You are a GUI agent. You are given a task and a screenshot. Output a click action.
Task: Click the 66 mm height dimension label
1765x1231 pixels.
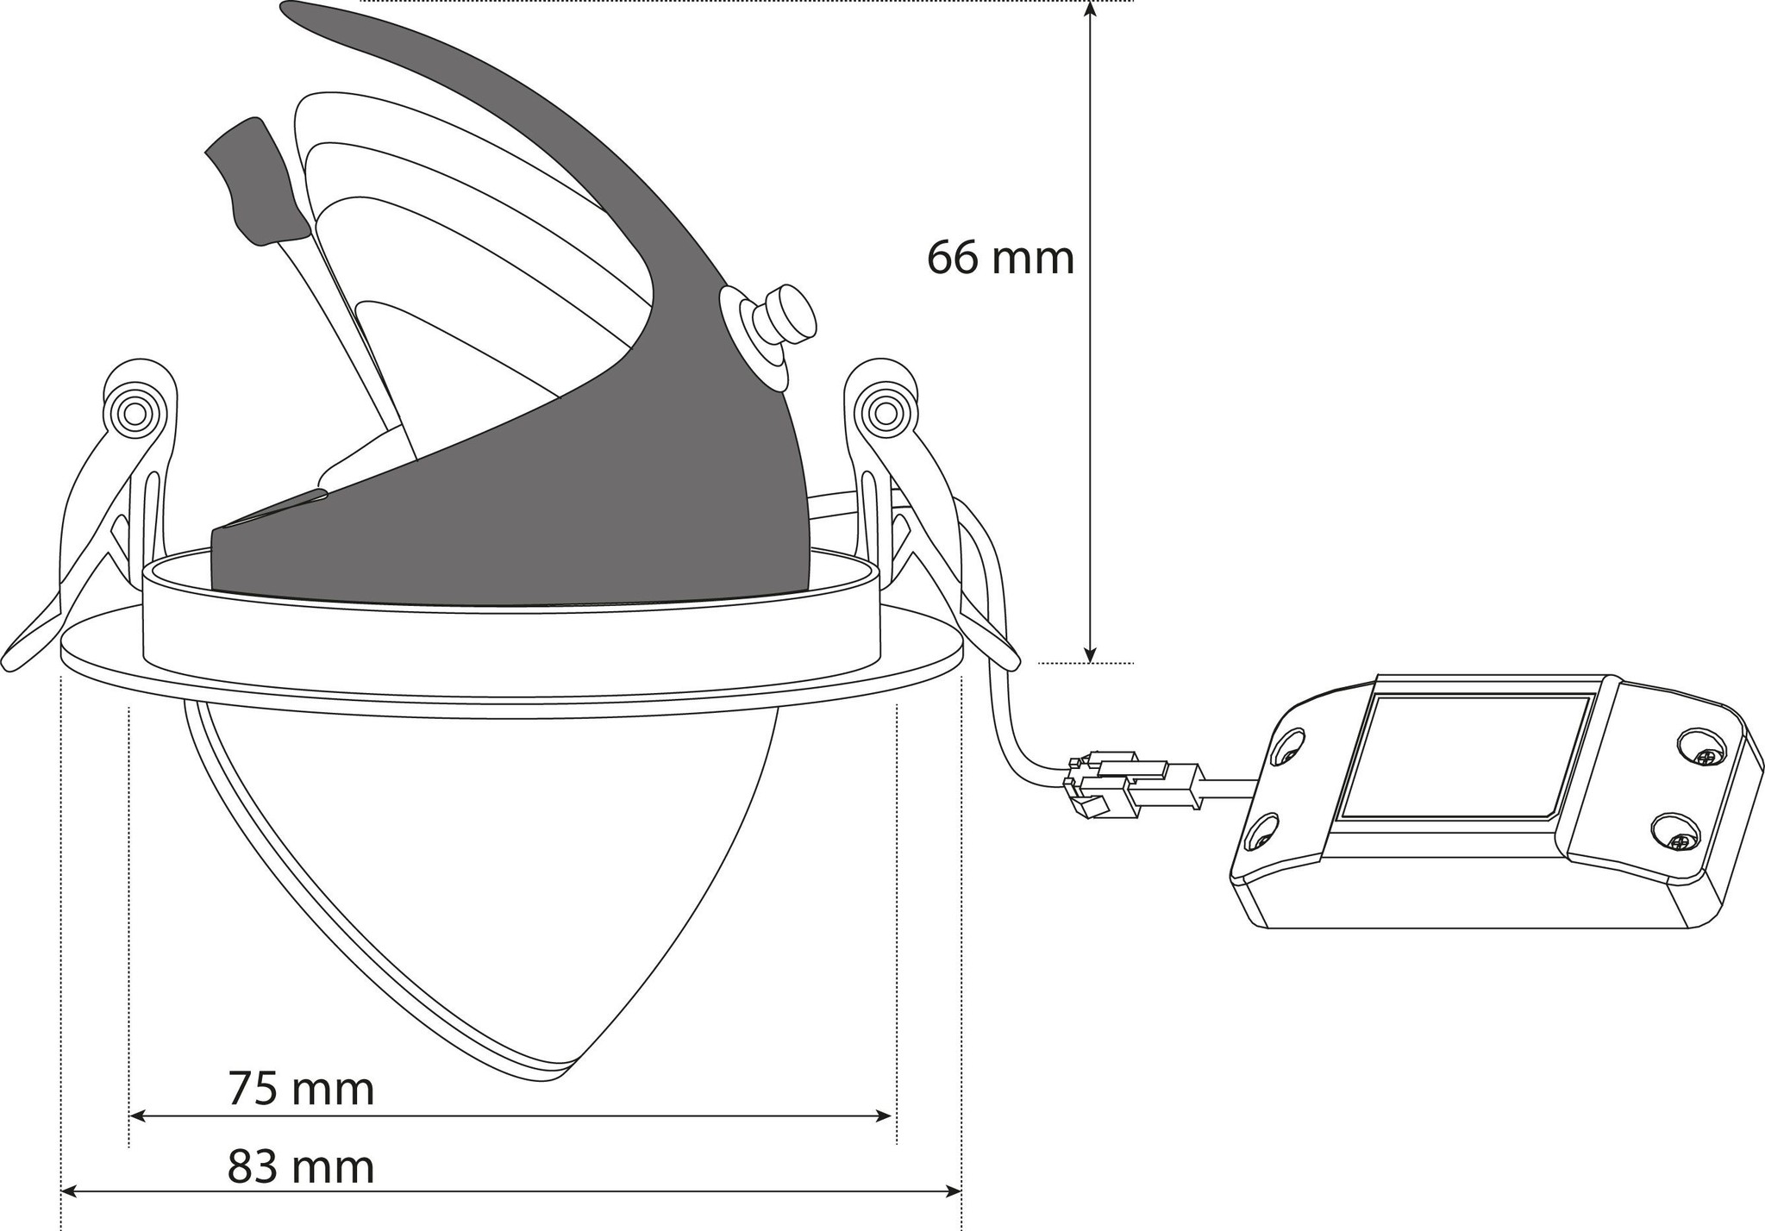1000,257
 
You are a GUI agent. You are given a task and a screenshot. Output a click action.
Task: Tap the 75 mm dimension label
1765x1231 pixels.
301,1089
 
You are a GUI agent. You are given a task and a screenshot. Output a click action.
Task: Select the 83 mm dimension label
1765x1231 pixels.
301,1167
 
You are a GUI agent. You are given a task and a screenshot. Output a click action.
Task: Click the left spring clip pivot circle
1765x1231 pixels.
135,414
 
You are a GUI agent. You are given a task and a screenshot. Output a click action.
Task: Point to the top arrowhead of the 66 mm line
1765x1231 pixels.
1090,10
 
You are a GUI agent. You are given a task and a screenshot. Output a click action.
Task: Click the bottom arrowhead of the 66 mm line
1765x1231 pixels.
1090,654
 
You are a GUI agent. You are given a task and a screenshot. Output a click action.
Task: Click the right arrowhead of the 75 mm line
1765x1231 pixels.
883,1116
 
